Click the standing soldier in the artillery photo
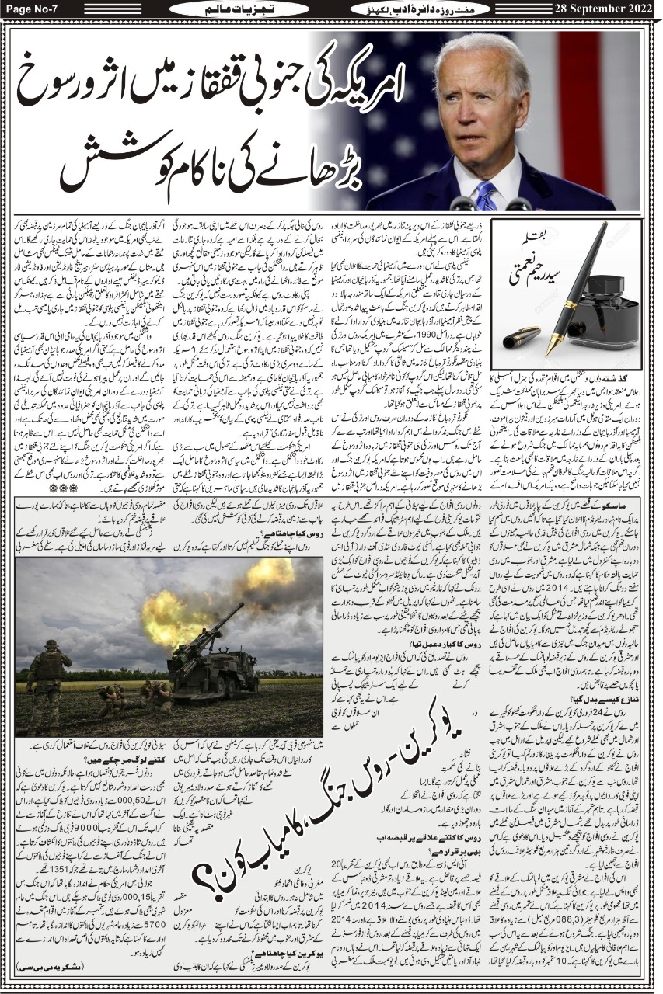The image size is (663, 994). [48, 675]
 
